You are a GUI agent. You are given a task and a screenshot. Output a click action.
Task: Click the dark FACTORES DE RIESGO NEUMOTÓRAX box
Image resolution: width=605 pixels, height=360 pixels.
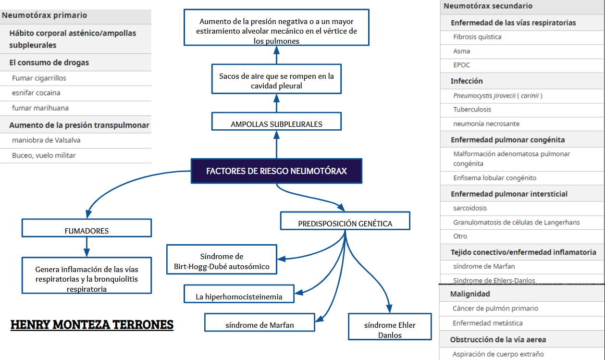click(276, 171)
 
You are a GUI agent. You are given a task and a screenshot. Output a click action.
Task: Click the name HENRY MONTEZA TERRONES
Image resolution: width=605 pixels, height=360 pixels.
click(92, 325)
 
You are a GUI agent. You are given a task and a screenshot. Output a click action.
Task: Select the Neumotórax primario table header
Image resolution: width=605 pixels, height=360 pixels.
click(44, 15)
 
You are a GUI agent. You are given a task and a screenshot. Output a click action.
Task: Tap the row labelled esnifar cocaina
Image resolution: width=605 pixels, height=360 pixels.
click(36, 93)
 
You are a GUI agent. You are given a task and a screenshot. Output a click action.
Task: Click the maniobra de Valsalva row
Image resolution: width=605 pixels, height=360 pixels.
click(46, 140)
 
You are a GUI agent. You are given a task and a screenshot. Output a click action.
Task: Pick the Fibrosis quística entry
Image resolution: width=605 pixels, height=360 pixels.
click(477, 37)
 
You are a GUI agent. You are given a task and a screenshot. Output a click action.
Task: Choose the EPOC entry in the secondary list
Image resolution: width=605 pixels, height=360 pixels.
click(461, 65)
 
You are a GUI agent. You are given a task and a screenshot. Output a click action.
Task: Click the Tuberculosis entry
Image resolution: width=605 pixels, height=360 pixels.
click(472, 110)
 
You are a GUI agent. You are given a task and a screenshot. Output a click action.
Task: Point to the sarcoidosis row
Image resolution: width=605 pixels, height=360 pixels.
click(470, 208)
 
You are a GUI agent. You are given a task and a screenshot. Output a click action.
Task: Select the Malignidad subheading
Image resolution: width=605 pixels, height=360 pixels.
click(470, 294)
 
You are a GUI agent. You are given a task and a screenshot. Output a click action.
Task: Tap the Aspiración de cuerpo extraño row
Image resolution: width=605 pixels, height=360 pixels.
click(498, 354)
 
